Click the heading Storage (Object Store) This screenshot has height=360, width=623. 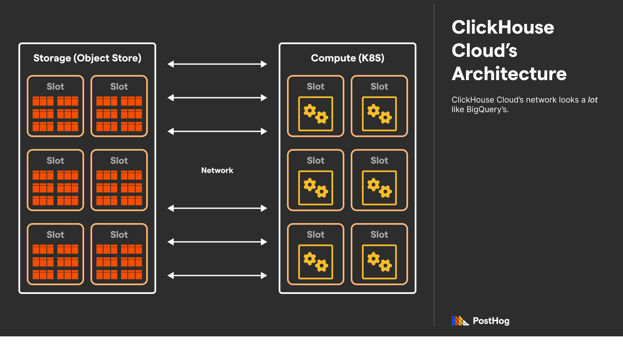[87, 58]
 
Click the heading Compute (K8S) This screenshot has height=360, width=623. [348, 58]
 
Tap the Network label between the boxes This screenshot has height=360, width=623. [217, 170]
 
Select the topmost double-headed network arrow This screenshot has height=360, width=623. [217, 64]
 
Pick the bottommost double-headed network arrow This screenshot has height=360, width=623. [217, 276]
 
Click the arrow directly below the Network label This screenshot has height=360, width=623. [217, 208]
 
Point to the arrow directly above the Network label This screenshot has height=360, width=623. [217, 131]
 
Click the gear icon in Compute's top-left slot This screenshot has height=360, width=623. [316, 114]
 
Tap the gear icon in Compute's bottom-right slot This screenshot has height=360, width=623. [379, 262]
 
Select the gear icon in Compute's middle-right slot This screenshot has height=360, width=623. [379, 188]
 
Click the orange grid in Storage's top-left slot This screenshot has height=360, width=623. [55, 114]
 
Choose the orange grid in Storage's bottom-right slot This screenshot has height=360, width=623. [119, 262]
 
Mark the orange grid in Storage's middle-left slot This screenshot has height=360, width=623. [55, 188]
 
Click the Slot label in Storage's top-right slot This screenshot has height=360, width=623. [119, 86]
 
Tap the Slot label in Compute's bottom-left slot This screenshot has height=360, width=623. [316, 235]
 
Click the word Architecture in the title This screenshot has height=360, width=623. [509, 74]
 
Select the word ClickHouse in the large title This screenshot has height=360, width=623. [503, 27]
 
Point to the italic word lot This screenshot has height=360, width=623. [593, 100]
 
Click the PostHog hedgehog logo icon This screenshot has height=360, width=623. [460, 321]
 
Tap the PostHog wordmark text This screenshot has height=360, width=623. [491, 321]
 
